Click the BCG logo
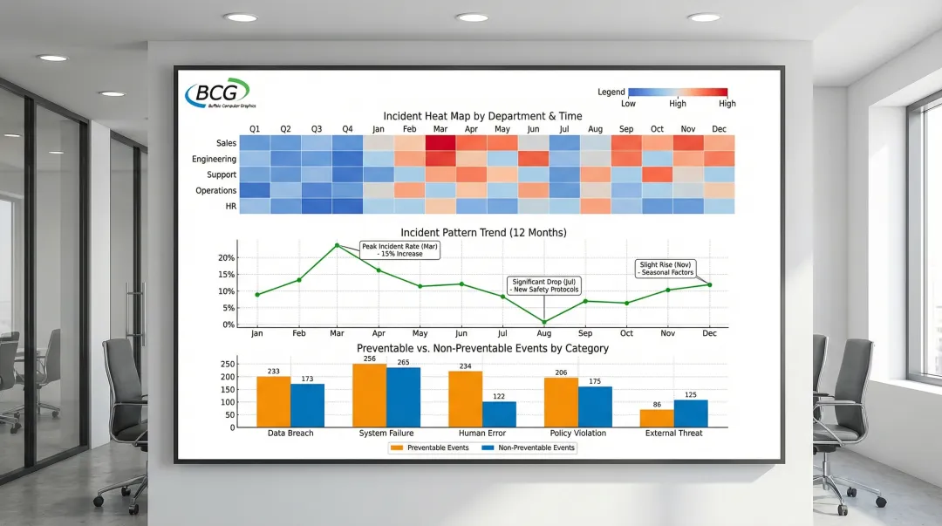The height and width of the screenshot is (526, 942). pyautogui.click(x=217, y=93)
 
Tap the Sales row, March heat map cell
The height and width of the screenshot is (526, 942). pyautogui.click(x=440, y=143)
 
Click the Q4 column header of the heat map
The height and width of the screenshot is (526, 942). pyautogui.click(x=347, y=129)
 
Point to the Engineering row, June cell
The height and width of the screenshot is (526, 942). pyautogui.click(x=533, y=159)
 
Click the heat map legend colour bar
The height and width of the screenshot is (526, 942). pyautogui.click(x=677, y=92)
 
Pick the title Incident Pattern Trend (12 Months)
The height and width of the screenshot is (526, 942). pyautogui.click(x=483, y=233)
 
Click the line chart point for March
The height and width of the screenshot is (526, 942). pyautogui.click(x=337, y=245)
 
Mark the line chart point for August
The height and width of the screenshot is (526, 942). pyautogui.click(x=544, y=322)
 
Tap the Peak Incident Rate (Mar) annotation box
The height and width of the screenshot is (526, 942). pyautogui.click(x=399, y=249)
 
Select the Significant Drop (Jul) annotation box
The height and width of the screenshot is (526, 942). pyautogui.click(x=544, y=285)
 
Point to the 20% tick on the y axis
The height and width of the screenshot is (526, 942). pyautogui.click(x=226, y=258)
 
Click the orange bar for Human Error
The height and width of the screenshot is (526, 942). pyautogui.click(x=465, y=399)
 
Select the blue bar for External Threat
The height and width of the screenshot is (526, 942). pyautogui.click(x=691, y=413)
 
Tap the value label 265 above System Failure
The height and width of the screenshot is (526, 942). pyautogui.click(x=402, y=363)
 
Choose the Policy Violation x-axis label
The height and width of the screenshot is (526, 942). pyautogui.click(x=577, y=434)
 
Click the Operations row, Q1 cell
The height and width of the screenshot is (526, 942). pyautogui.click(x=255, y=190)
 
